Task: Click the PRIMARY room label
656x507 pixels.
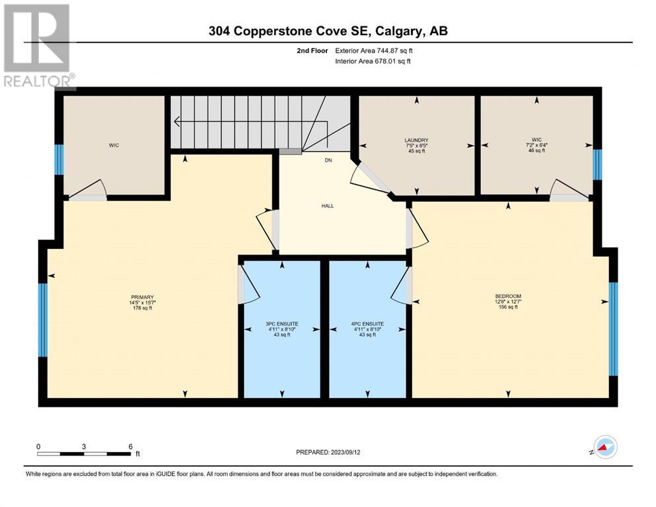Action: [x=142, y=297]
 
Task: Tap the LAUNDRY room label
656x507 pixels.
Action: [x=416, y=140]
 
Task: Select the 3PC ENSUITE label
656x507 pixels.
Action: [x=282, y=324]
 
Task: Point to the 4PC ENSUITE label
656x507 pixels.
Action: [x=367, y=324]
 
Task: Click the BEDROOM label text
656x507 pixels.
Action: [x=508, y=296]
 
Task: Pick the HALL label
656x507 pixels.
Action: [x=328, y=206]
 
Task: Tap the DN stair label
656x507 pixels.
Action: [x=328, y=160]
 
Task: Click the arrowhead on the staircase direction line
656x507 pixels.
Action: [x=176, y=121]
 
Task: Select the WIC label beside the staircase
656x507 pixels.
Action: [x=114, y=145]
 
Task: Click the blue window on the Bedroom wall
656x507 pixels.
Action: [x=613, y=329]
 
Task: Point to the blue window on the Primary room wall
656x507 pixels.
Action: [x=43, y=320]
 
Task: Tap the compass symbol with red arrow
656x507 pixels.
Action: [x=605, y=447]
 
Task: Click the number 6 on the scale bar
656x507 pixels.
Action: [x=131, y=446]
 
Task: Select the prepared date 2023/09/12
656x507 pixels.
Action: [x=346, y=452]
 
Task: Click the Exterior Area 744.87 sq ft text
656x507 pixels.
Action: [x=374, y=51]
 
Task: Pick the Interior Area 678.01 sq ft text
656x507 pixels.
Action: [x=373, y=61]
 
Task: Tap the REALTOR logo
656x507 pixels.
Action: [x=38, y=46]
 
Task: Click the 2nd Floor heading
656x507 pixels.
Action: [x=312, y=51]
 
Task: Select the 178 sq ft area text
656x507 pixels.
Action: [x=142, y=308]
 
